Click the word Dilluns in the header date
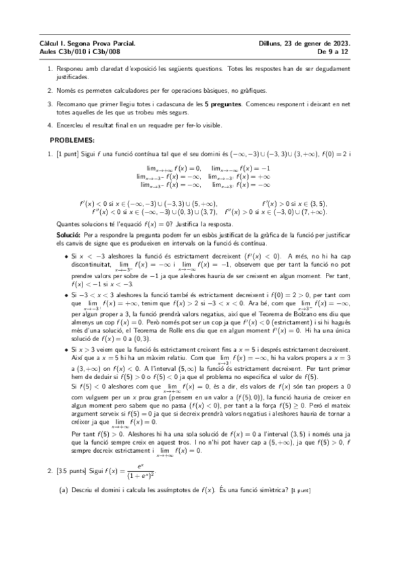pos(269,43)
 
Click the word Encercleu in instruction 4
pos(72,125)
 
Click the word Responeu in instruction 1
pos(73,69)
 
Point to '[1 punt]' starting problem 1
pos(70,155)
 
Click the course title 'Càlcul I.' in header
pos(52,43)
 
